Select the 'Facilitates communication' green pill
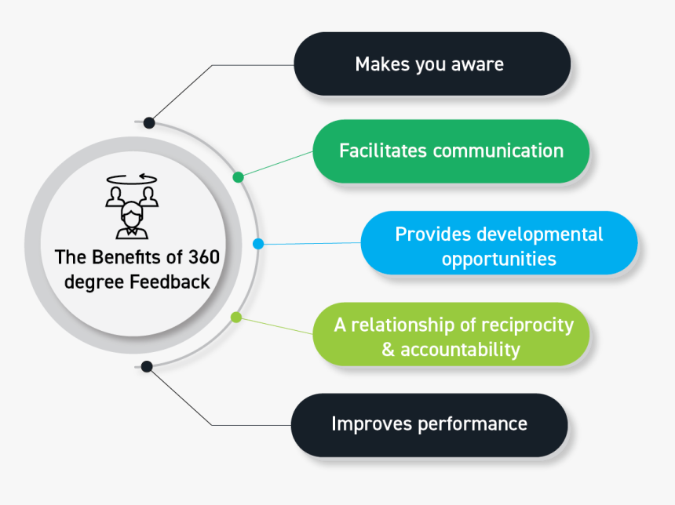451,151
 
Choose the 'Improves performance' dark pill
429,424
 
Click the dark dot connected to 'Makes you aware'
149,122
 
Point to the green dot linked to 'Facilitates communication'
239,177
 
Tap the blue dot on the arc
258,244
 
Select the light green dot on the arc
235,317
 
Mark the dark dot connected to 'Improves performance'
147,366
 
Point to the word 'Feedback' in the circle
172,281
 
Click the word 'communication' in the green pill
498,151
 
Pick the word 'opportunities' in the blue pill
498,259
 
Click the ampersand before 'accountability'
388,350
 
